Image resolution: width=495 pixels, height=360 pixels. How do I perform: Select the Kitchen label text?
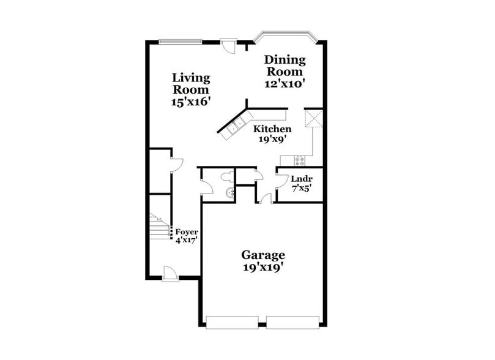[x=272, y=129]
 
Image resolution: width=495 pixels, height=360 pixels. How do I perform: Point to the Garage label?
[x=262, y=255]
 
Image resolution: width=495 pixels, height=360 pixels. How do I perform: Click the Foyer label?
[x=187, y=232]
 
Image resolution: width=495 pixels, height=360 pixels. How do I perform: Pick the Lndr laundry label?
[x=301, y=179]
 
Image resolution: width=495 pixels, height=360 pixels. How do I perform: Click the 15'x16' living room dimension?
[x=191, y=102]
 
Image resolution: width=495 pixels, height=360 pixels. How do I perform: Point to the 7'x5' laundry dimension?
[x=301, y=189]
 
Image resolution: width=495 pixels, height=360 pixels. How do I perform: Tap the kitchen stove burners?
[x=300, y=161]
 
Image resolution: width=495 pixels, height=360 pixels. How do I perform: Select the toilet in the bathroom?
[x=226, y=178]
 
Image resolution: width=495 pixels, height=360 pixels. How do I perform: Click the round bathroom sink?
[x=230, y=194]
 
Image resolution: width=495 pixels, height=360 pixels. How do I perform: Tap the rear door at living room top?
[x=229, y=46]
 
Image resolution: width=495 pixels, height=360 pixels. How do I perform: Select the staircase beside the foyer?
[x=160, y=227]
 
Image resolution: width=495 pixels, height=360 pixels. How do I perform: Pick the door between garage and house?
[x=265, y=197]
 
